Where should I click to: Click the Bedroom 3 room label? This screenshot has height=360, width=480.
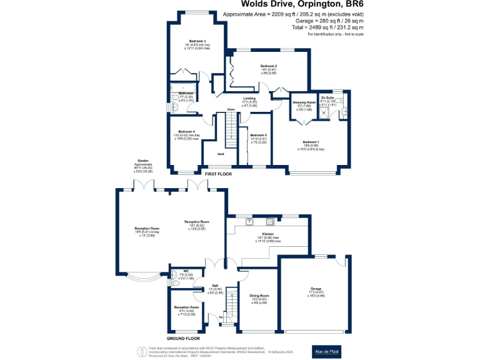pyautogui.click(x=192, y=41)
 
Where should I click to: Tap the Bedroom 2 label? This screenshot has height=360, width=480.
pyautogui.click(x=269, y=66)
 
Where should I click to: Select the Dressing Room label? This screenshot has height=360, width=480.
pyautogui.click(x=303, y=102)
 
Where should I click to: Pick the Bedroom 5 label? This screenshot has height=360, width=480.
pyautogui.click(x=258, y=135)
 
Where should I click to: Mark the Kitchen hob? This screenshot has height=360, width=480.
pyautogui.click(x=271, y=221)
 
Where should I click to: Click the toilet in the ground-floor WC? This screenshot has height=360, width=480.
pyautogui.click(x=174, y=283)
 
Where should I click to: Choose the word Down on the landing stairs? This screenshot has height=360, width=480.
pyautogui.click(x=231, y=109)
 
